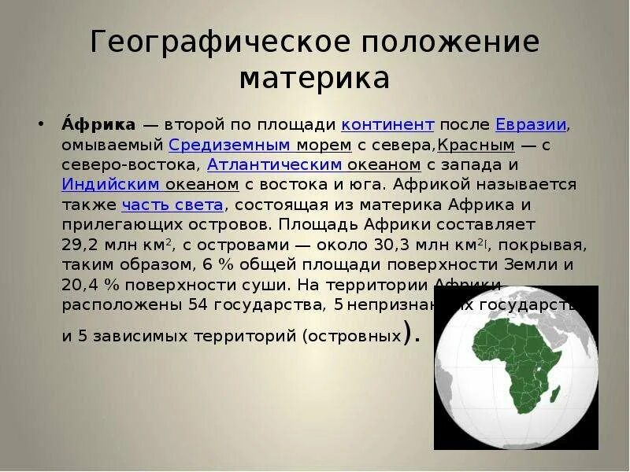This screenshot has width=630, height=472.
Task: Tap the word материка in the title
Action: pyautogui.click(x=314, y=78)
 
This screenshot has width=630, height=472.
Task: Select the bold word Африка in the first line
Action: pyautogui.click(x=98, y=125)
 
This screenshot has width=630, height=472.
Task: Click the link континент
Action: pyautogui.click(x=388, y=125)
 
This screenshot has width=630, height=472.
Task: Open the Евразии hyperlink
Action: pyautogui.click(x=532, y=125)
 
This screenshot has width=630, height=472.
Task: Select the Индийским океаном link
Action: pyautogui.click(x=150, y=184)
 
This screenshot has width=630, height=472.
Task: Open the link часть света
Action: pyautogui.click(x=173, y=205)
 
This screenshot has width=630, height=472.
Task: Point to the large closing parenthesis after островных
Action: pyautogui.click(x=407, y=334)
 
